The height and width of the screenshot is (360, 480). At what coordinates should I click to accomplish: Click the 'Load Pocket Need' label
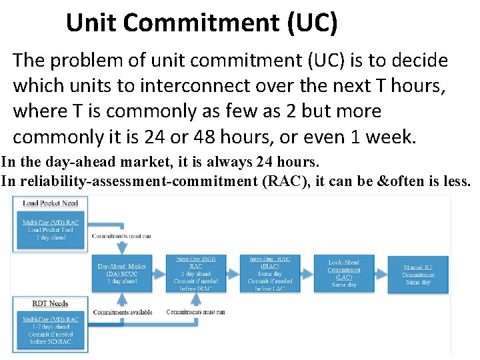click(x=51, y=203)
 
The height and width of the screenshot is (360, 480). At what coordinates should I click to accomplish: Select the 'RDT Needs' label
click(x=51, y=303)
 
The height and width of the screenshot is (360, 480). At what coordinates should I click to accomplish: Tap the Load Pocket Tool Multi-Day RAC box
click(x=51, y=229)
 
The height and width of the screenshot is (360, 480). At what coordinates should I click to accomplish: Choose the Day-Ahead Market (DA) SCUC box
click(x=122, y=273)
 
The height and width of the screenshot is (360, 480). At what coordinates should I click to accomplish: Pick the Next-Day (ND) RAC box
click(x=195, y=273)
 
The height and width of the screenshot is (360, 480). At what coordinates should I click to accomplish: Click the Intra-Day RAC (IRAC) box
click(x=269, y=273)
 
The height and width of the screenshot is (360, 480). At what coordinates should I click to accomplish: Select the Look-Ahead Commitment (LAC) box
click(x=344, y=273)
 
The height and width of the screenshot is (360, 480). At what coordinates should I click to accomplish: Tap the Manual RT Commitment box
click(x=418, y=273)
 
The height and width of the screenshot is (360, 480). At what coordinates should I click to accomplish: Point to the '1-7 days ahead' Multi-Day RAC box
click(x=51, y=330)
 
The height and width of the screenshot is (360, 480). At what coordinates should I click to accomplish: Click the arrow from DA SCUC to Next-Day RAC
click(x=159, y=273)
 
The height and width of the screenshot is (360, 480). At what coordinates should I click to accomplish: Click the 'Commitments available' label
click(x=123, y=312)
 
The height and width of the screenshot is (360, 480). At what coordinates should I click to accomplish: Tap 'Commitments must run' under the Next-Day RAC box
click(x=195, y=312)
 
